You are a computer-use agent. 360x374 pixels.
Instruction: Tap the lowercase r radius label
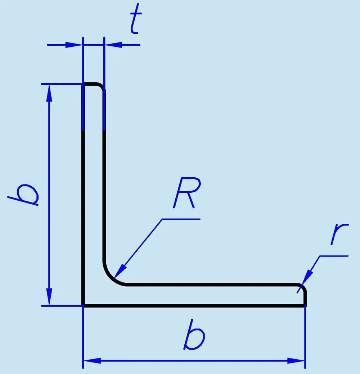point(339,234)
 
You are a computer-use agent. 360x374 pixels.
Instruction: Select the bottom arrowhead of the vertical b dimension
point(50,297)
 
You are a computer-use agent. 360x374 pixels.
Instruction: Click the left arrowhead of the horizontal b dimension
point(92,360)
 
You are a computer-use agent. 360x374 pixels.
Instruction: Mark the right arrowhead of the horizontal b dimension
point(296,360)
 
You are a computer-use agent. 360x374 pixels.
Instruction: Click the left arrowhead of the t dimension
point(74,45)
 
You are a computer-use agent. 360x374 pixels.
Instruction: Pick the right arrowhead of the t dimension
point(113,45)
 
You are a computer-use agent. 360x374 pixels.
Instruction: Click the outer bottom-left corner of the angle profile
point(83,306)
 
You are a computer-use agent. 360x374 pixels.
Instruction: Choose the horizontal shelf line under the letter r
point(334,256)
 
